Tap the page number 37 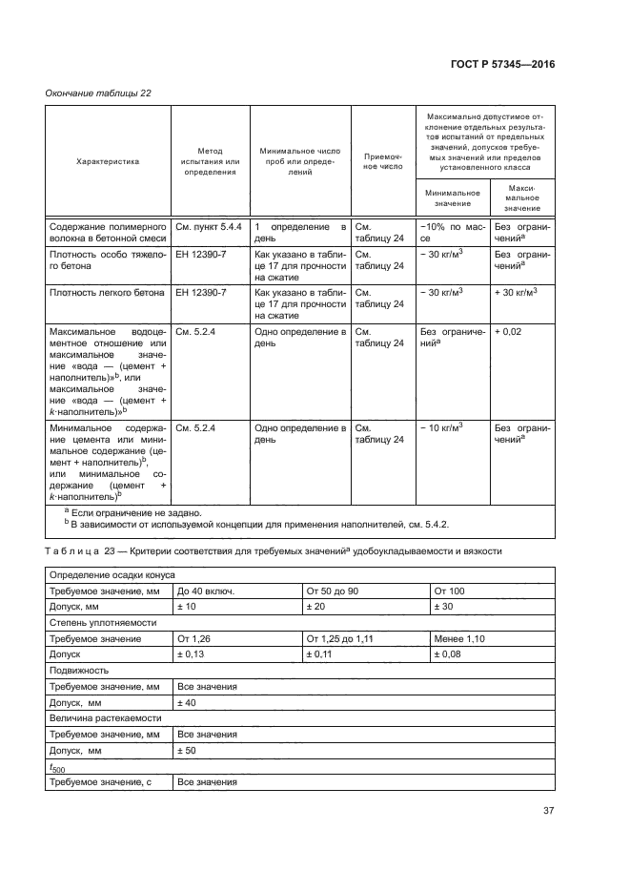pos(548,811)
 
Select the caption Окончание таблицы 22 pos(98,93)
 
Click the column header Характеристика pos(108,161)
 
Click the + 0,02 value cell pos(512,331)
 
